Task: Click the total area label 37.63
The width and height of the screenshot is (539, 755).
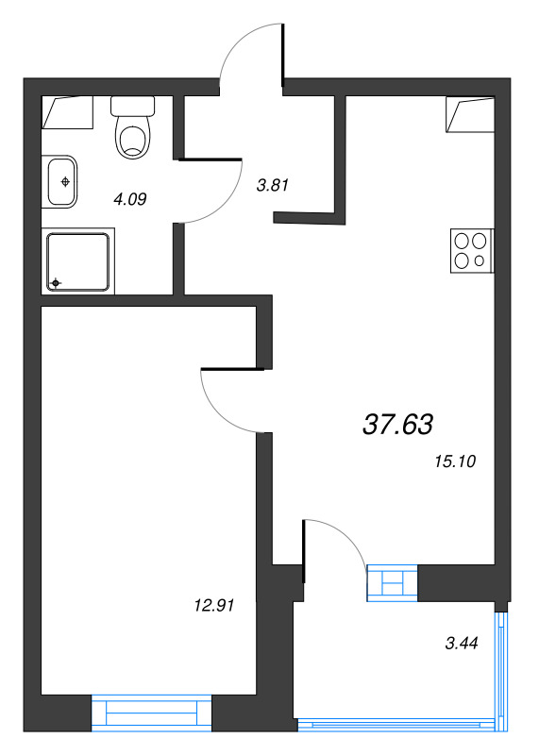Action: [397, 424]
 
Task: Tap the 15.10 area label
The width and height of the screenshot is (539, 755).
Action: [455, 461]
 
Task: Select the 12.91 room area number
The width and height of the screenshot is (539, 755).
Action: [214, 605]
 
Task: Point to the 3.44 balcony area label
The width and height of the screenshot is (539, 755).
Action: [461, 643]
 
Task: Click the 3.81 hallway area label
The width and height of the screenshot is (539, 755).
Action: [272, 184]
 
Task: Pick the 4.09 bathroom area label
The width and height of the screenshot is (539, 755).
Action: [129, 198]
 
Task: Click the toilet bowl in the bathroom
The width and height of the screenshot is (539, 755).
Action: [133, 138]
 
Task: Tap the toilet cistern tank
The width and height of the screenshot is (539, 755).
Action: [132, 106]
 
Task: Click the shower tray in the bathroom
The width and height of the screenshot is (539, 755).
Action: [78, 261]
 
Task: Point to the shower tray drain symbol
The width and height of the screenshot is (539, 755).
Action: [56, 283]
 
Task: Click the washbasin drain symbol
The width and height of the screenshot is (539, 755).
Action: [65, 181]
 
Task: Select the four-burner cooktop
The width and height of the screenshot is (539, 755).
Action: [472, 250]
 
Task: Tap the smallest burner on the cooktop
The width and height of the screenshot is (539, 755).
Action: [480, 261]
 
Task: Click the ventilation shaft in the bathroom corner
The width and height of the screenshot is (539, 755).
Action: [67, 112]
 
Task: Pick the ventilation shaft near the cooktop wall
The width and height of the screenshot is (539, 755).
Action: [470, 114]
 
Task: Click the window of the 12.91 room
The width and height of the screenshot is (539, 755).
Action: [151, 713]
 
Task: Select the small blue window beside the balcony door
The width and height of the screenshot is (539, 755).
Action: [392, 582]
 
